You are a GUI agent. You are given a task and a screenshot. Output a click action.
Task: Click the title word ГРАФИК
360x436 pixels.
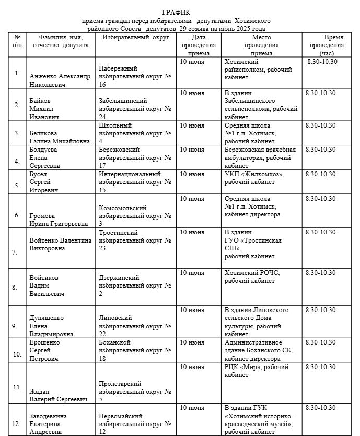click(x=176, y=12)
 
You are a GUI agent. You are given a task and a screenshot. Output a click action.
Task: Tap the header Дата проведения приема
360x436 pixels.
click(x=199, y=45)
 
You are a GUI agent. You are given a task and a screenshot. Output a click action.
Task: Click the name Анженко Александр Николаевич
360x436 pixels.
click(x=60, y=80)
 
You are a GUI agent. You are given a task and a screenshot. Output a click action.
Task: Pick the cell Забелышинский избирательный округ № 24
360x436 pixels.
click(x=135, y=109)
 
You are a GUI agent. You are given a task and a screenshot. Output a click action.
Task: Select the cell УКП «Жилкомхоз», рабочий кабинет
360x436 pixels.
click(x=254, y=178)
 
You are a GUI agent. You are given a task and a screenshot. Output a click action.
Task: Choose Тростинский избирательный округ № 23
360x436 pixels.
click(x=135, y=240)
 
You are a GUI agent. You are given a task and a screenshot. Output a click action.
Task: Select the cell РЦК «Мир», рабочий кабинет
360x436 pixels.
click(x=256, y=371)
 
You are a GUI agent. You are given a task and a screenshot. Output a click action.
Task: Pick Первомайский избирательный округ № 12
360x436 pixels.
click(x=135, y=424)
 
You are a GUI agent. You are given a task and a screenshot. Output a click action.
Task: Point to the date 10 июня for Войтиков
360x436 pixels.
click(x=192, y=273)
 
